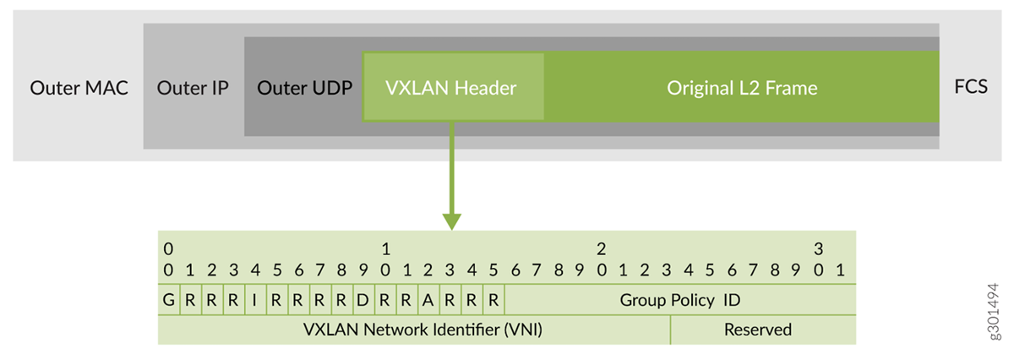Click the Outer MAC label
79,88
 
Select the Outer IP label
193,88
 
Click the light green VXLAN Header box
451,88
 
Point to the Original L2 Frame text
742,88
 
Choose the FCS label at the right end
970,88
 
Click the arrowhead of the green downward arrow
452,221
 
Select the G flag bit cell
168,300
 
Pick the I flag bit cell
254,300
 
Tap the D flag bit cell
363,300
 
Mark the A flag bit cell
428,300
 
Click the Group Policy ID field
679,300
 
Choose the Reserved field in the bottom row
757,330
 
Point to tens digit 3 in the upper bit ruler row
817,249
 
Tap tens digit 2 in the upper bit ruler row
601,249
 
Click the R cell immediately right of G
190,300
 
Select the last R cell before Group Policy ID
493,300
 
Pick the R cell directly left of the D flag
341,300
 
